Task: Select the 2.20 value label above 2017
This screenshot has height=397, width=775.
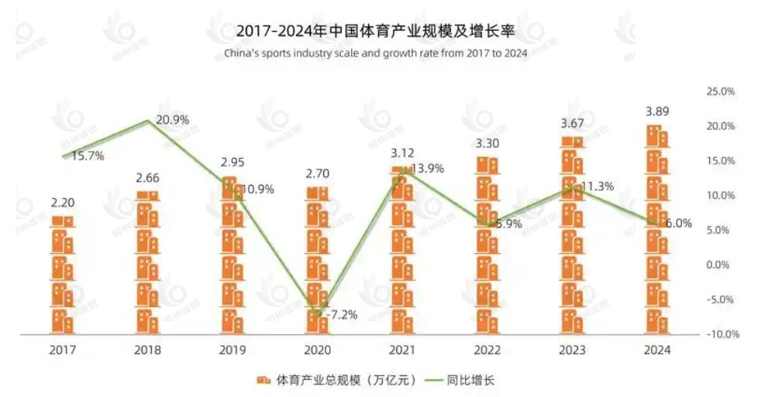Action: pos(63,204)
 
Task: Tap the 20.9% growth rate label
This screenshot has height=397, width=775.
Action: pos(172,120)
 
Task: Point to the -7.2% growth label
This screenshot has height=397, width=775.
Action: pos(340,315)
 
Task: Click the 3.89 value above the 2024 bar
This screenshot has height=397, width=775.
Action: pos(657,111)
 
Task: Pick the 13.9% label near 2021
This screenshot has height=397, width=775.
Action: pos(428,169)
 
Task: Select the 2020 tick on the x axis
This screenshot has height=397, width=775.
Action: pos(318,350)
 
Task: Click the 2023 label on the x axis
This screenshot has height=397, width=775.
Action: pos(573,350)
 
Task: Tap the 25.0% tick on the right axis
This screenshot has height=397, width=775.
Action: pos(720,91)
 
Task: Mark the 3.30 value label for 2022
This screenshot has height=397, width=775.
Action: pos(487,143)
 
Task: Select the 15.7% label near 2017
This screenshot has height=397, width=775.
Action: pos(88,156)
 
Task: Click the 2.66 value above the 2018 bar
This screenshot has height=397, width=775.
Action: pos(147,177)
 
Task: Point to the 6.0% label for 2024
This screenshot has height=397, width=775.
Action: pos(679,223)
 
